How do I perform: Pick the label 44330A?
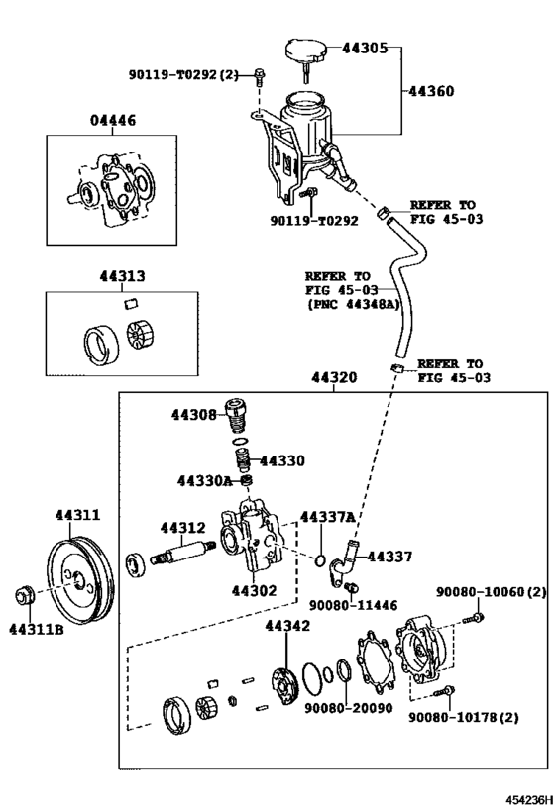pyautogui.click(x=204, y=481)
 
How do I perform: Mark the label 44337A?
pyautogui.click(x=327, y=517)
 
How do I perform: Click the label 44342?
pyautogui.click(x=287, y=626)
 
